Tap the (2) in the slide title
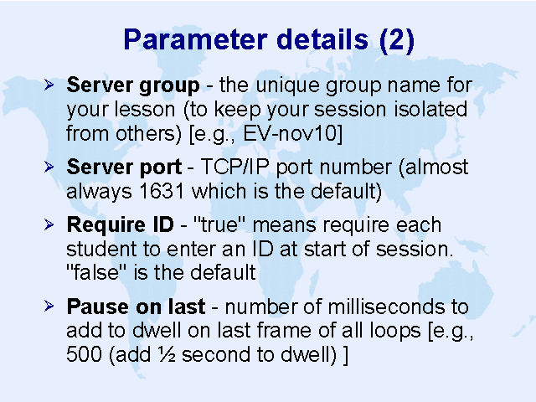[x=397, y=40]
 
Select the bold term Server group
[x=133, y=85]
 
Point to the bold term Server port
[x=124, y=167]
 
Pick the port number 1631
[x=162, y=191]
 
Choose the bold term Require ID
[x=120, y=225]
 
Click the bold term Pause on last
[x=136, y=307]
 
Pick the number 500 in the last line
[x=84, y=354]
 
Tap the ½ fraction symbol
[x=167, y=354]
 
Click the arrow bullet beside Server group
[x=49, y=85]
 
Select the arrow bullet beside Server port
[x=49, y=167]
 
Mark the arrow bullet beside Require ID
[x=49, y=224]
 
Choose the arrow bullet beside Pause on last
[x=49, y=306]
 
